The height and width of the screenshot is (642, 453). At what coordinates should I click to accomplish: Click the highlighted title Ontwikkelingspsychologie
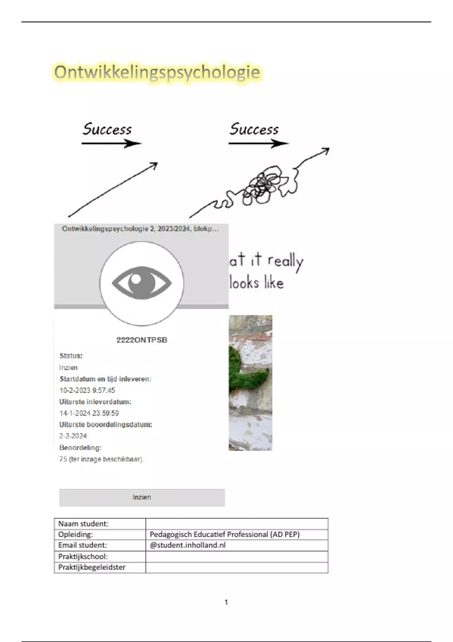pos(157,72)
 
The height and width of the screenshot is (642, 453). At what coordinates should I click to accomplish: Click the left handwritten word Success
pos(107,129)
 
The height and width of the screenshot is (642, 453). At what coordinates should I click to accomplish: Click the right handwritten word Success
pos(254,129)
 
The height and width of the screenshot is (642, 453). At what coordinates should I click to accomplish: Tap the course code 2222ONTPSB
pos(142,340)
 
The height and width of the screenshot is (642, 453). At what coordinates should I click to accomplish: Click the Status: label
pos(71,356)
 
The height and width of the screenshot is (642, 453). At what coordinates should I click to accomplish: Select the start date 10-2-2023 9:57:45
pos(87,390)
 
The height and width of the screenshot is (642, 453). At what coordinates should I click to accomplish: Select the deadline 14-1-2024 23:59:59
pos(89,413)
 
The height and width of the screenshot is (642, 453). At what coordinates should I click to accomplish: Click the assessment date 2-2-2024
pos(73,436)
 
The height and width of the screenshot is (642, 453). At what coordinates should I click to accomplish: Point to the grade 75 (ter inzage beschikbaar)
pos(101,459)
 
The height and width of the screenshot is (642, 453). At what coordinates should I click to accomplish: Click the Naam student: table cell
pos(100,524)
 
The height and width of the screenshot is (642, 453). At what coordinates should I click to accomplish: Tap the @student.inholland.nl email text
pos(188,545)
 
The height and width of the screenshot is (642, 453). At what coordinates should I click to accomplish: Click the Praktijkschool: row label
pos(83,557)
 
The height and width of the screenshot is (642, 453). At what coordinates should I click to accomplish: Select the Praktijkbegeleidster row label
pos(92,567)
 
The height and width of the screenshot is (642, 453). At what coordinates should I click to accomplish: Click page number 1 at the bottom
pos(226,602)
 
